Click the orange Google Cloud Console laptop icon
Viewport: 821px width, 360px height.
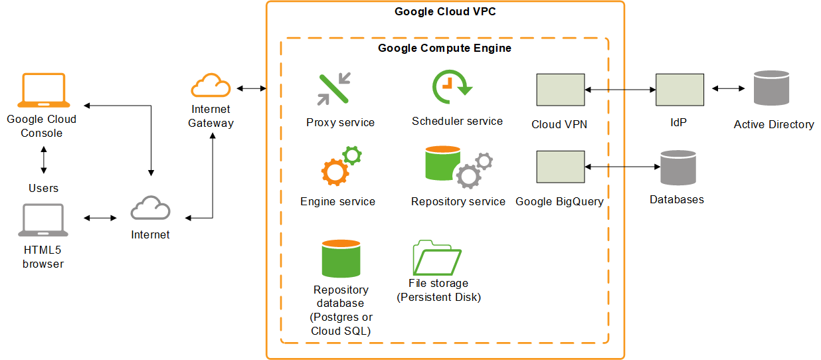tap(44, 90)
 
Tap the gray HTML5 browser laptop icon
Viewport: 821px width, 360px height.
tap(43, 221)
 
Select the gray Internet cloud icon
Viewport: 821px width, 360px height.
tap(150, 209)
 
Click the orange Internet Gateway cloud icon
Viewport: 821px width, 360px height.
tap(211, 86)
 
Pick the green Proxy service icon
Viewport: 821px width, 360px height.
tap(334, 90)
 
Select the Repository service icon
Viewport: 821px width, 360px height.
tap(458, 167)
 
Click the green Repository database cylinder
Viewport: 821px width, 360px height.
tap(341, 258)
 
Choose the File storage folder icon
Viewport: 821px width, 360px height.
tap(437, 258)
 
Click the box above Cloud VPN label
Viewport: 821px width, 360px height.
tap(560, 90)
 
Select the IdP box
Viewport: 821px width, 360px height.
tap(680, 90)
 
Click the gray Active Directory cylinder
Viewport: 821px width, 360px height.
tap(771, 88)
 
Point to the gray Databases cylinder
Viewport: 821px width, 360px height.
tap(678, 167)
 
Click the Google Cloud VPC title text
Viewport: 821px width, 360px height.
tap(445, 11)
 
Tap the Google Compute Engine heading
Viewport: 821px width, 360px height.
tap(444, 48)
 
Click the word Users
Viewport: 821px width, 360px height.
tap(43, 188)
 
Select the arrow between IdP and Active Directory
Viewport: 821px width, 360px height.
tap(728, 88)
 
